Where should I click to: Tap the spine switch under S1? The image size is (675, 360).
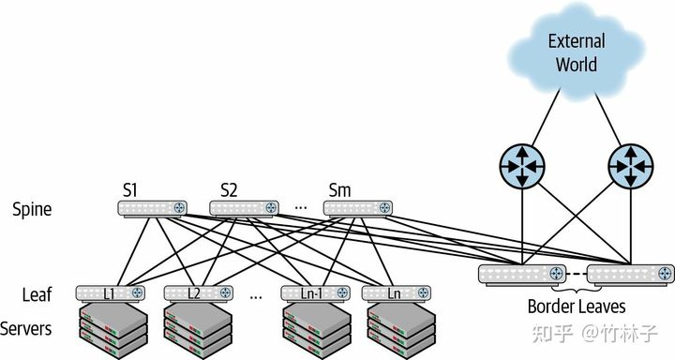pyautogui.click(x=152, y=208)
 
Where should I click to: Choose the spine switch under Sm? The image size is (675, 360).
pyautogui.click(x=356, y=208)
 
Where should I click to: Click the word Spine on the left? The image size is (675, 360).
pyautogui.click(x=32, y=209)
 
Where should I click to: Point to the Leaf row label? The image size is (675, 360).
pyautogui.click(x=36, y=294)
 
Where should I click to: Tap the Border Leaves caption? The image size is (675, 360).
pyautogui.click(x=576, y=307)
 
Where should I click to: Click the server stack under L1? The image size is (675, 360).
pyautogui.click(x=112, y=328)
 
